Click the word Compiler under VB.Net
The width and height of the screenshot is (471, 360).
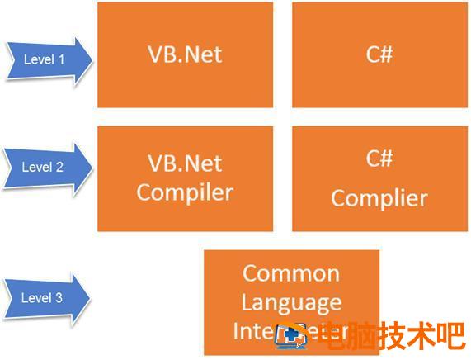point(185,193)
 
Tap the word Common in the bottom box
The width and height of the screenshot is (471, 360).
point(291,273)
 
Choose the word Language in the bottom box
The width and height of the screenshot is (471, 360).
point(291,303)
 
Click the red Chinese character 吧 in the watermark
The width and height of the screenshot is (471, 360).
point(450,336)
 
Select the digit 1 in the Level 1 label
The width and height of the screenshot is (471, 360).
point(60,59)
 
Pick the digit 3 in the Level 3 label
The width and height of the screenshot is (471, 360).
point(59,298)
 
